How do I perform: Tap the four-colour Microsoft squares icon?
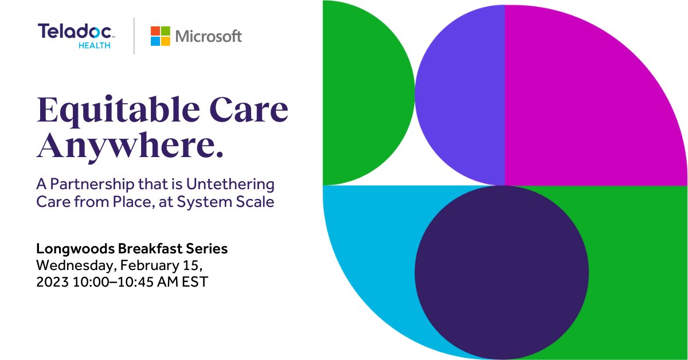tap(161, 36)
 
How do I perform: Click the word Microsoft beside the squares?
tap(209, 36)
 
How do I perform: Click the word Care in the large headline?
tap(249, 110)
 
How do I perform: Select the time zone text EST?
tap(196, 282)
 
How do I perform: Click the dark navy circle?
tap(502, 272)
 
